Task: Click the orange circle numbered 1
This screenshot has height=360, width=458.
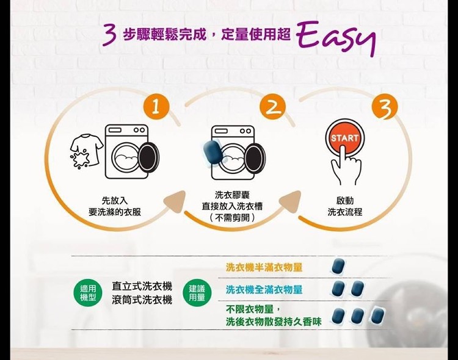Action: tap(156, 107)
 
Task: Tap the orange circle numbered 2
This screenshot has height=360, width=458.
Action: tap(272, 107)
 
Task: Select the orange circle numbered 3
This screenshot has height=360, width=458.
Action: tap(385, 107)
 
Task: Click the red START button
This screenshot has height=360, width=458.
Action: tap(344, 138)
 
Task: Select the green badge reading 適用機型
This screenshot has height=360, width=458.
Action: tap(87, 293)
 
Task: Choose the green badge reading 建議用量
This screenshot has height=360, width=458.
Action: tap(197, 293)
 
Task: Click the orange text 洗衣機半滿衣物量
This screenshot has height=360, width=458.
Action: tap(264, 267)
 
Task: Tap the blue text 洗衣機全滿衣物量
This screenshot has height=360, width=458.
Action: tap(264, 290)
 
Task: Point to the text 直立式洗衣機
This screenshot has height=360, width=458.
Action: tap(142, 286)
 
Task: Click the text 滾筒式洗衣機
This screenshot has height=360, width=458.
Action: tap(142, 300)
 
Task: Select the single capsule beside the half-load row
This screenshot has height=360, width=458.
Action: tap(338, 266)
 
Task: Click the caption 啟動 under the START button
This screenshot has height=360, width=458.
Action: tap(345, 201)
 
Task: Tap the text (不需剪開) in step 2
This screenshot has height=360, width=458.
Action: tap(233, 217)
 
